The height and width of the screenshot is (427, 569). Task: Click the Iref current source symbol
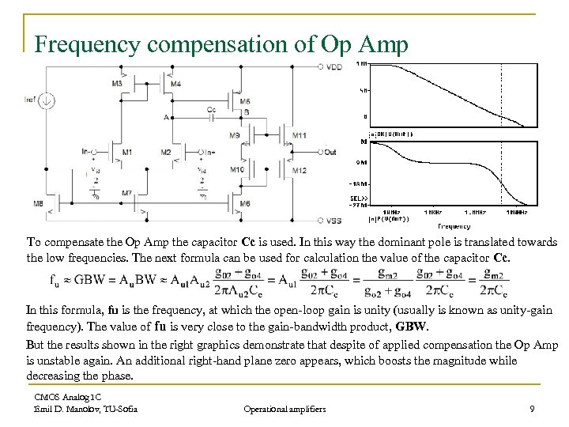[x=47, y=100]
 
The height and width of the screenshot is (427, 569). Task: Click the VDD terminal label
[x=334, y=67]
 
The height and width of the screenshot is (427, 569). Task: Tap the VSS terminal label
[x=334, y=221]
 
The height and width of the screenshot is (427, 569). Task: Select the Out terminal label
[x=330, y=151]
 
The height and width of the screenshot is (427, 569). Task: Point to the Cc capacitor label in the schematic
[x=210, y=109]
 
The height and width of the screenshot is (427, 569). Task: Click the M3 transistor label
[x=117, y=84]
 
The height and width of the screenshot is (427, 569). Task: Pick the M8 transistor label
[x=38, y=204]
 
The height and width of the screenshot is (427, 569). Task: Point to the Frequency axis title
[x=454, y=226]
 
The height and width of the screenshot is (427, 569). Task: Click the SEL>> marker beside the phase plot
[x=357, y=198]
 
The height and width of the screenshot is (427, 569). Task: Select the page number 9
[x=533, y=409]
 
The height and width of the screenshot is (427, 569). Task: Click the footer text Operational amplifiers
[x=284, y=409]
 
